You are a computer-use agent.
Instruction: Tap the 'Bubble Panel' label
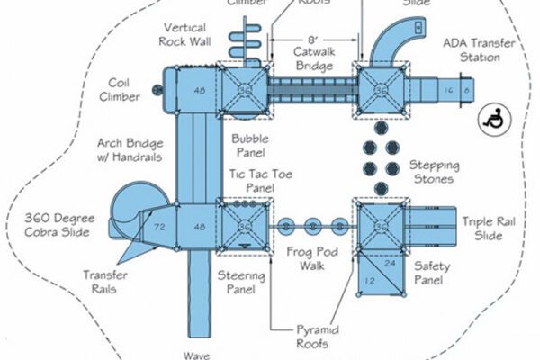point(249,146)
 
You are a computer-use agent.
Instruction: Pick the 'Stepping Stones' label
point(435,173)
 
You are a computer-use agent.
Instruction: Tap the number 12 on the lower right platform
point(369,281)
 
